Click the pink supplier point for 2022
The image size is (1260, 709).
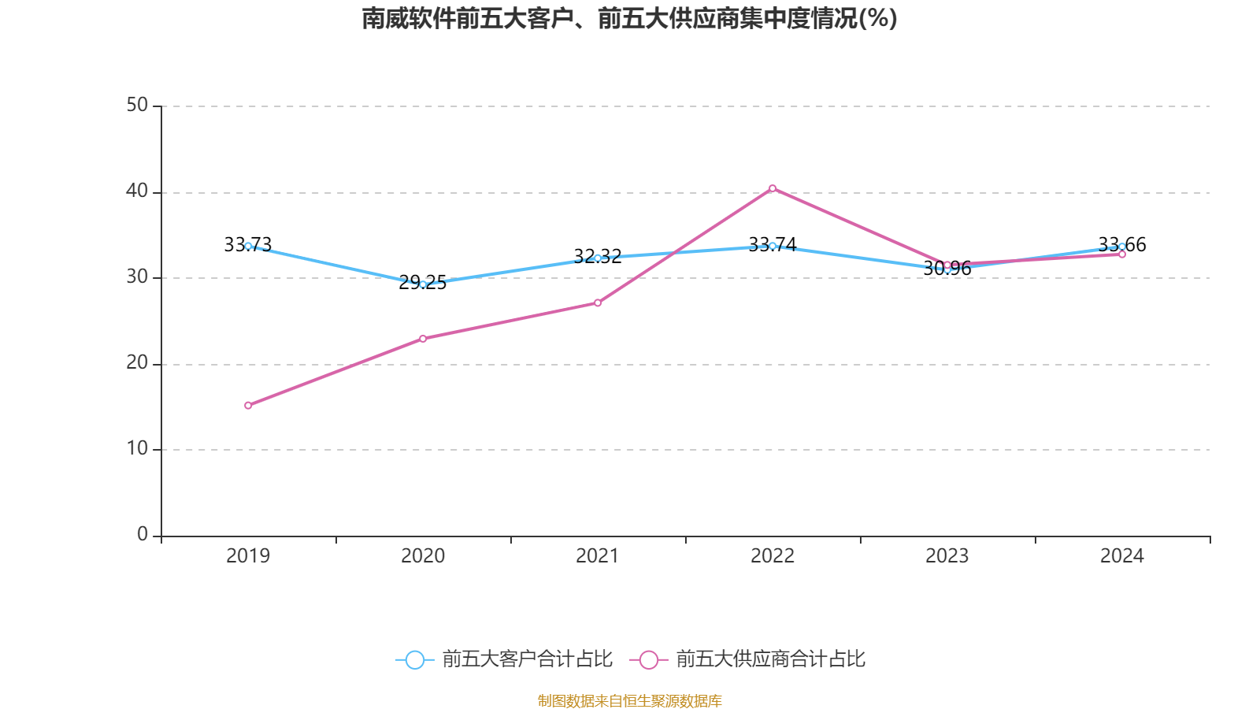point(773,188)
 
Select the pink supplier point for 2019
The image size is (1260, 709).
point(248,405)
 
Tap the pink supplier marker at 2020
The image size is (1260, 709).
point(423,338)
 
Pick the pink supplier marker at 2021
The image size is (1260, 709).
point(598,303)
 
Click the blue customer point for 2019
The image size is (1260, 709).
point(248,246)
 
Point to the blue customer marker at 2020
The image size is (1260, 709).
point(423,284)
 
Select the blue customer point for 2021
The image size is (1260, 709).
point(598,258)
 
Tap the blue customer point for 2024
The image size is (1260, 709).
point(1122,247)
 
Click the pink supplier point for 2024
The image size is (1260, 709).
point(1122,254)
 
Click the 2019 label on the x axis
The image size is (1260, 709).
point(248,556)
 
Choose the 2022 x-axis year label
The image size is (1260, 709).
point(773,556)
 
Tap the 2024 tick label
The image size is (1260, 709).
point(1122,556)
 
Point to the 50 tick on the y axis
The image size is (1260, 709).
point(137,106)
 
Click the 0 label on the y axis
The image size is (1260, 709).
point(143,535)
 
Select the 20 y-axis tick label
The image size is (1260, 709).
point(137,363)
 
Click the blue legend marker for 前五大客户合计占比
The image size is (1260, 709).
point(414,659)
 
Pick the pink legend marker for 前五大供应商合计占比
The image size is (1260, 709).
point(648,659)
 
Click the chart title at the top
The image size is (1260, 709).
point(629,18)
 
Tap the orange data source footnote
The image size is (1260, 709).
point(629,700)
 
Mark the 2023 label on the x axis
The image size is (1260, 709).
point(947,556)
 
